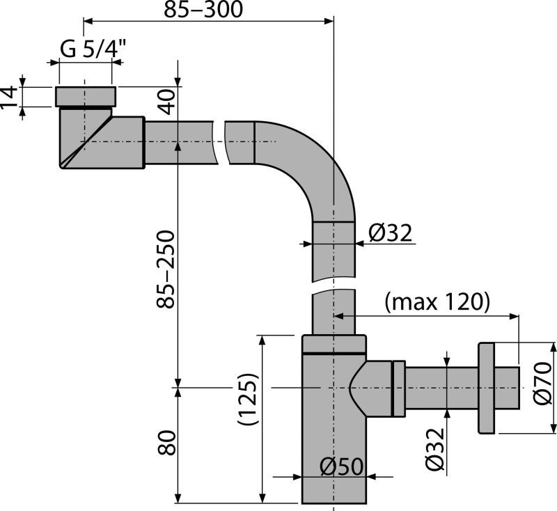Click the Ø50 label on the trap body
342,467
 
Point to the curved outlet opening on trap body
356,386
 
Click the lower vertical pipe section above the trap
334,313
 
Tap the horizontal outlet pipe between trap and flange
439,386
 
